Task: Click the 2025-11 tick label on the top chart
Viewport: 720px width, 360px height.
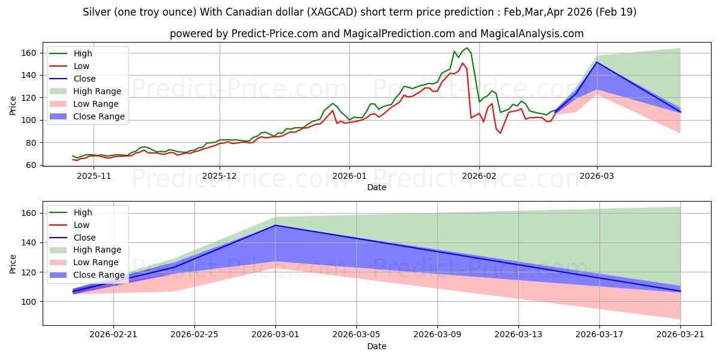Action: click(94, 176)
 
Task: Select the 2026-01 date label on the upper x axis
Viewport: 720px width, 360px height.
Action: click(349, 176)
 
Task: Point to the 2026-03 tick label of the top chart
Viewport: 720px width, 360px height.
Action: click(597, 176)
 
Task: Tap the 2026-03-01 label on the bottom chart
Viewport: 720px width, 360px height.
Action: click(275, 335)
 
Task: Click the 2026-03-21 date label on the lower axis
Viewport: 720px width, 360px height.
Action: click(680, 335)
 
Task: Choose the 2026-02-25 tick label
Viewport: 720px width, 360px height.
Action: click(194, 335)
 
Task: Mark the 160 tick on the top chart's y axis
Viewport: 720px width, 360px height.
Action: click(28, 53)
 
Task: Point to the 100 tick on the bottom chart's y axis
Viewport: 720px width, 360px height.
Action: click(28, 302)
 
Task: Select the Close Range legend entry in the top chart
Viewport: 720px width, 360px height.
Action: click(87, 116)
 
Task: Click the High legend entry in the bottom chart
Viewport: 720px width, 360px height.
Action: click(70, 212)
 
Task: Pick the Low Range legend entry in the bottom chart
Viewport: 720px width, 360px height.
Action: click(84, 262)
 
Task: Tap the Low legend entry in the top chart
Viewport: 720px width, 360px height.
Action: click(69, 66)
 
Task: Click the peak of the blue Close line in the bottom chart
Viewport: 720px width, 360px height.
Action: click(275, 226)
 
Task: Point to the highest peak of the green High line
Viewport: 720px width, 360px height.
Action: click(467, 48)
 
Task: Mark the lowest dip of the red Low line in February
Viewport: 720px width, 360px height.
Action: click(500, 133)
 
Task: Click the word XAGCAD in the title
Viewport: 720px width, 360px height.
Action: click(332, 12)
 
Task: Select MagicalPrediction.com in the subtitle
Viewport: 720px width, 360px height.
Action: click(399, 34)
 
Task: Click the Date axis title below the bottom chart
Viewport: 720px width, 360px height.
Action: click(377, 347)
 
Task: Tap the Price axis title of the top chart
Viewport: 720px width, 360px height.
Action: click(13, 106)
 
